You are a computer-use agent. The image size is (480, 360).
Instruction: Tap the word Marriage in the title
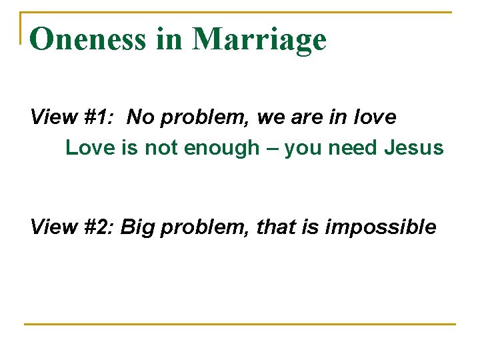click(259, 40)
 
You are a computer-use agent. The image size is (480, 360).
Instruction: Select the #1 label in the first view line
click(99, 118)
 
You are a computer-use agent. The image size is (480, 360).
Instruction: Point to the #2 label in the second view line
click(99, 227)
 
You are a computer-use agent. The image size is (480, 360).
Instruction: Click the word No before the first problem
click(139, 118)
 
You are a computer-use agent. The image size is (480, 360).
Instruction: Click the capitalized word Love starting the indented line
click(91, 147)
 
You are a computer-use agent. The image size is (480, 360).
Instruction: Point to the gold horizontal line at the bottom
click(240, 325)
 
